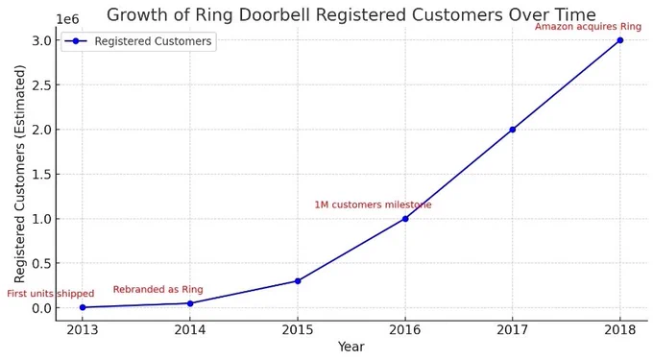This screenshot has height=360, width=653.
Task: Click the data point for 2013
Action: (83, 307)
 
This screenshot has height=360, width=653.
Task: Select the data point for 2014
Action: (190, 303)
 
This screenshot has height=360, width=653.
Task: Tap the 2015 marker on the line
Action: (298, 281)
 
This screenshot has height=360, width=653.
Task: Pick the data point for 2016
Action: (405, 219)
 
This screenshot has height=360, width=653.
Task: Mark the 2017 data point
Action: (513, 130)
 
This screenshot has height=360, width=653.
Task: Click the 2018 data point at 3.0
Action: (620, 40)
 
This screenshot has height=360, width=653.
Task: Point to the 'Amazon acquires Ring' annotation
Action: (588, 27)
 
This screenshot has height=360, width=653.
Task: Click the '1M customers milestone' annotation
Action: (373, 204)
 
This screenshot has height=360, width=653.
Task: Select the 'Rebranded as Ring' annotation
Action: (157, 289)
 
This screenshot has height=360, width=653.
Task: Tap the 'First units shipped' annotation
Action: (50, 294)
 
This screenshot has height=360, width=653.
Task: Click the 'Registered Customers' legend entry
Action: (153, 41)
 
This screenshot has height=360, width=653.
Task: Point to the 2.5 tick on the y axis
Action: (41, 84)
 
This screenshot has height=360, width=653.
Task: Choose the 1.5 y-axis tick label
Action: (41, 174)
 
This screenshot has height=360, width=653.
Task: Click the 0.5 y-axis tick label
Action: (41, 263)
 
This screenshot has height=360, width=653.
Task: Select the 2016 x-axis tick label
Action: (405, 329)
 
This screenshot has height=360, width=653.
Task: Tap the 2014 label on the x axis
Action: (190, 329)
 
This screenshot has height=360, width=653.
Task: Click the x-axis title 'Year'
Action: (351, 347)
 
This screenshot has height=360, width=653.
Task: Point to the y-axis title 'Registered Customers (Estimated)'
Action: (19, 174)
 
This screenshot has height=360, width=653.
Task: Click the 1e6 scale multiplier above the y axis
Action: (67, 19)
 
